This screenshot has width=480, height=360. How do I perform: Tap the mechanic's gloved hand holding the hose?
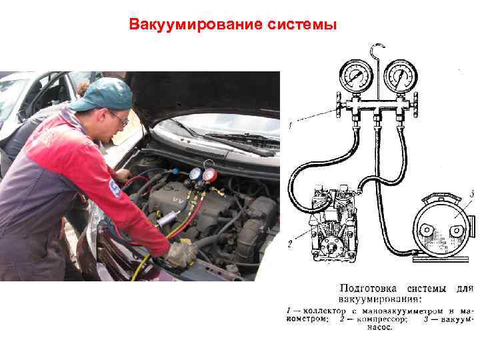[180, 254]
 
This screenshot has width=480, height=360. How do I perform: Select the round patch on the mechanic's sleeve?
[115, 188]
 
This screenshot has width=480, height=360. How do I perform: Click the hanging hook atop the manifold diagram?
[377, 51]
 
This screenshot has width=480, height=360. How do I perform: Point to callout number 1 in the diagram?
[291, 125]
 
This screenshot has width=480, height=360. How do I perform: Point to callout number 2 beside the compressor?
[290, 244]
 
